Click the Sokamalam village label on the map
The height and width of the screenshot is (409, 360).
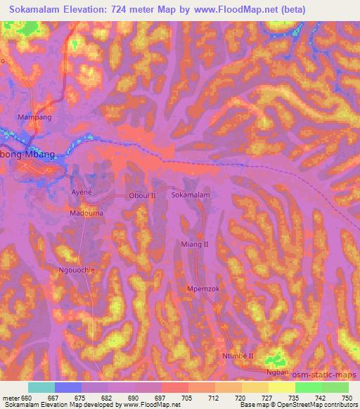(x=191, y=197)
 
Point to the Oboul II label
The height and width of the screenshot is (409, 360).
(x=142, y=196)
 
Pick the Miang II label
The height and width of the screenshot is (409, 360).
(x=195, y=243)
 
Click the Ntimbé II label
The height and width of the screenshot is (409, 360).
(x=238, y=357)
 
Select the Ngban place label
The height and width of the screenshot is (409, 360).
(x=278, y=372)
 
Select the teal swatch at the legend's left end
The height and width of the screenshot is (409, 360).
(x=41, y=387)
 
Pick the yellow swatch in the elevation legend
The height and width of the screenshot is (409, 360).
(x=281, y=387)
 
